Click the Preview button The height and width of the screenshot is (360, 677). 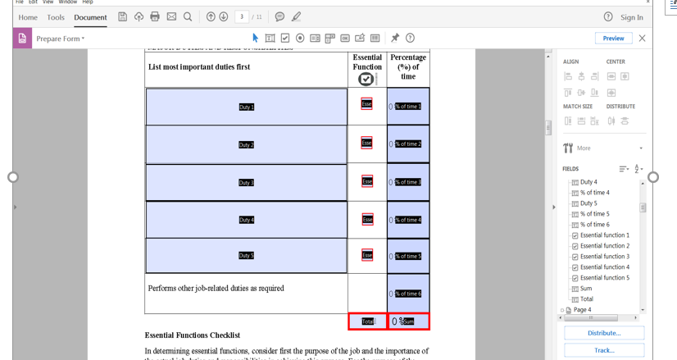pos(613,38)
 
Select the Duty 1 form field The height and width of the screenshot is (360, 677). pos(246,107)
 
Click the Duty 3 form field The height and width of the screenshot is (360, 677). pos(246,182)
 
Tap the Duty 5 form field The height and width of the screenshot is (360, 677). pos(246,256)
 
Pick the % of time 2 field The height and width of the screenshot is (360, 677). pos(408,144)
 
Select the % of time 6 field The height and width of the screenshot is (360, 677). pos(408,294)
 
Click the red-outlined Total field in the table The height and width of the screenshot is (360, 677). pos(367,321)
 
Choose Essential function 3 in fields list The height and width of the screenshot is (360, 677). pos(605,257)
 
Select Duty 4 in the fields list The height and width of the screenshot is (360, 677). pos(588,182)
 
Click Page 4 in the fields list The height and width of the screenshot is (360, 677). pos(582,310)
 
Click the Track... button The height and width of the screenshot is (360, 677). pos(604,350)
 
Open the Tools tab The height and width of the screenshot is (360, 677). pos(56,17)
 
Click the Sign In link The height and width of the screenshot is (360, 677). pos(631,17)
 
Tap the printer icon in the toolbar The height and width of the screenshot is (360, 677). pos(155,16)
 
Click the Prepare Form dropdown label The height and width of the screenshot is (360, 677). pos(60,39)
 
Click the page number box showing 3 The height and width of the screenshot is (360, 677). pos(242,16)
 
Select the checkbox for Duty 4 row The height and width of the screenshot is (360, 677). pos(367,219)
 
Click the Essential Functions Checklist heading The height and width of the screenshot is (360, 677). pos(193,335)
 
